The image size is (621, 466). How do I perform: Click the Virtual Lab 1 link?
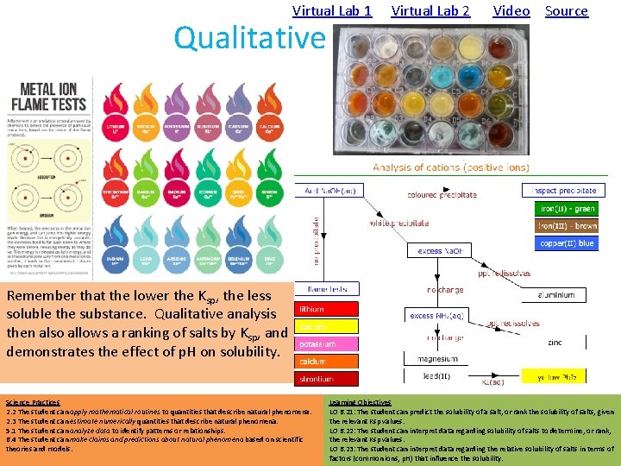point(332,11)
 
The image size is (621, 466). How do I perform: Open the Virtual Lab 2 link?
point(430,11)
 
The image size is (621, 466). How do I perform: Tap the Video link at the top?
point(511,11)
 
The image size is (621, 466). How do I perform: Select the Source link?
point(567,11)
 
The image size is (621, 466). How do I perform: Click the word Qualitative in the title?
point(249,38)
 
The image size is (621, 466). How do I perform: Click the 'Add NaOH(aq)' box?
point(327,191)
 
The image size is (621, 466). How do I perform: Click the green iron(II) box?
point(566,208)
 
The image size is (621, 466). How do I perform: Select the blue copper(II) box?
point(566,243)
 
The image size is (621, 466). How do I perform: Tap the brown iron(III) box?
point(566,226)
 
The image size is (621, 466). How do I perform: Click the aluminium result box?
point(555,295)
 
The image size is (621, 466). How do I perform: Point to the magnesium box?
point(437,358)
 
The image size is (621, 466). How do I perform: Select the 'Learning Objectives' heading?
point(360,402)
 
